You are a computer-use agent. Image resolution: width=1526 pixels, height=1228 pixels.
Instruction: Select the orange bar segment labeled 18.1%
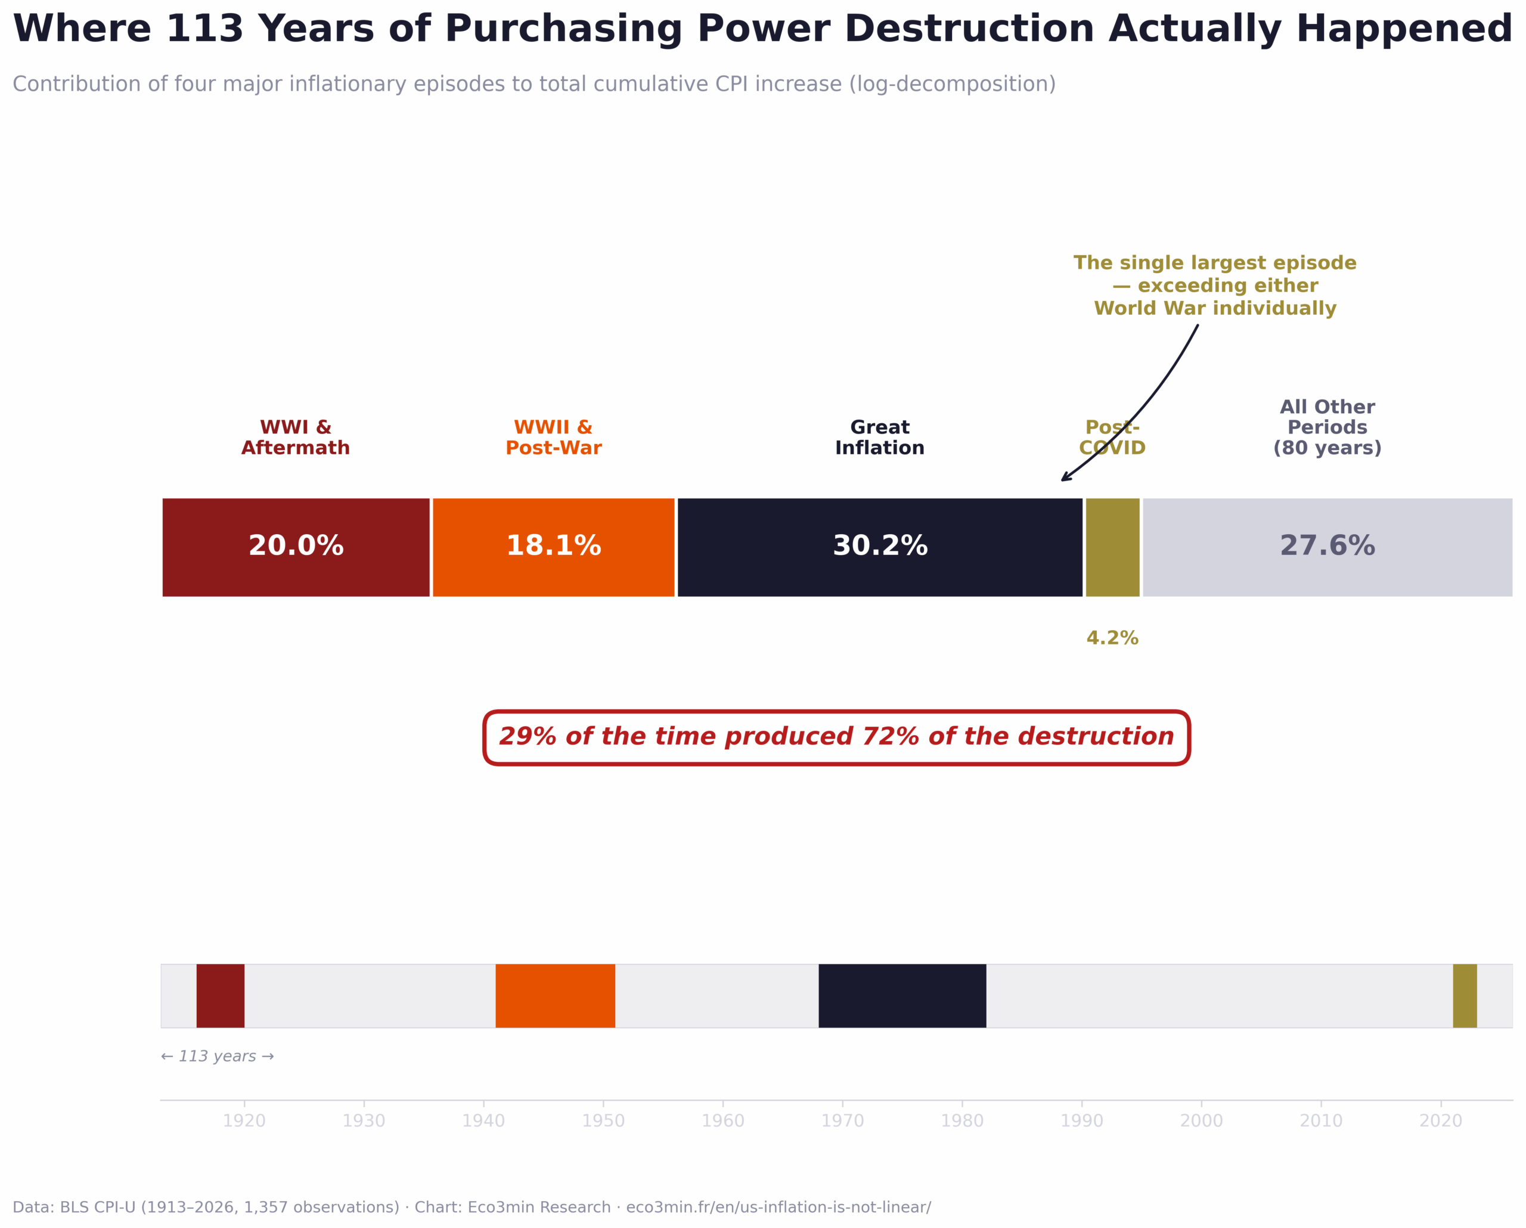pos(554,547)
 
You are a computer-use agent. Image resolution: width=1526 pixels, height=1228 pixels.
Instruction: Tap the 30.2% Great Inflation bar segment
pos(880,547)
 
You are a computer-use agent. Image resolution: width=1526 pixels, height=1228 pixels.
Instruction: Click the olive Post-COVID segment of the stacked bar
pos(1113,547)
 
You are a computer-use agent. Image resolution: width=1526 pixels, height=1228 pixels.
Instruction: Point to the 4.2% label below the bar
pos(1112,638)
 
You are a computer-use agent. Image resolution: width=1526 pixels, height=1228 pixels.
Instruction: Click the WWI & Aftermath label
pos(296,438)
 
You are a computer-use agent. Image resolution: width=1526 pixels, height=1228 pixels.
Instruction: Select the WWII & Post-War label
pos(554,438)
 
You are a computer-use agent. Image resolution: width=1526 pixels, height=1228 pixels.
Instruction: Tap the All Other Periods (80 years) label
pos(1327,427)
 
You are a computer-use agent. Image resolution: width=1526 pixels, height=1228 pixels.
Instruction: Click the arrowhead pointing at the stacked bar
pos(1065,479)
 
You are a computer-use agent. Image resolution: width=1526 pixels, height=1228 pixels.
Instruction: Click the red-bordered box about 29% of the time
pos(836,737)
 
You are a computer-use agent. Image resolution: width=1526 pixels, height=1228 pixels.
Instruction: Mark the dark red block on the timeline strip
pos(220,996)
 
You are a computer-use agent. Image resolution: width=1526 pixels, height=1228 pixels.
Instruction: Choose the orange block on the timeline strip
pos(555,996)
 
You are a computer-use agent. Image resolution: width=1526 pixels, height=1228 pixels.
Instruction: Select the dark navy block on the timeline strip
pos(902,996)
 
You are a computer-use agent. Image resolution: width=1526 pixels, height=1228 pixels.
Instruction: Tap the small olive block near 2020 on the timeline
pos(1465,996)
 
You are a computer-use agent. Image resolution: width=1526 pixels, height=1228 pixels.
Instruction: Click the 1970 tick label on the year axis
pos(842,1121)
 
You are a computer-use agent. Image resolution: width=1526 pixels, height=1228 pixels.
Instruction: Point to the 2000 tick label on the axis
pos(1201,1121)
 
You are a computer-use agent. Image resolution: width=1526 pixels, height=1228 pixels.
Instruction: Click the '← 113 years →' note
pos(218,1057)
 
